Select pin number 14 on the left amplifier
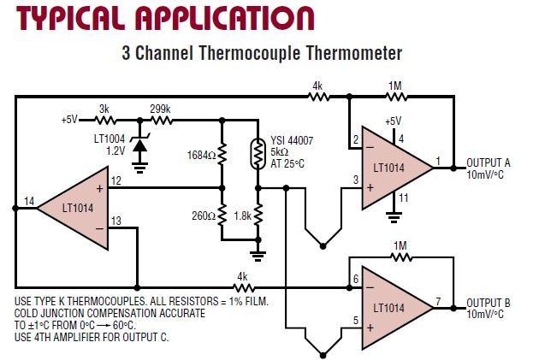click(x=28, y=201)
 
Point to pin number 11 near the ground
click(x=404, y=198)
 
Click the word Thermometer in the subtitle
click(x=350, y=54)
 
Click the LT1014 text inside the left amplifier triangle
click(x=77, y=207)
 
